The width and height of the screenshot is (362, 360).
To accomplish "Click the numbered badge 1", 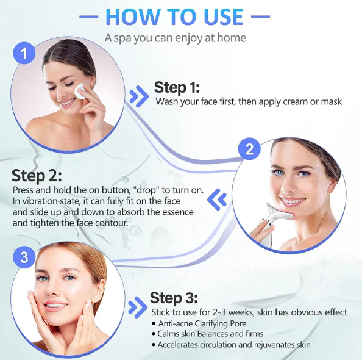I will point(24,54).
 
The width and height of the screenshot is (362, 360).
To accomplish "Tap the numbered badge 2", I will point(249,149).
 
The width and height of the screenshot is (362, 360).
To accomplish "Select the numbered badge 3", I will point(24,257).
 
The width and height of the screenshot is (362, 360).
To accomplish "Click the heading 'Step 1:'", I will point(177,87).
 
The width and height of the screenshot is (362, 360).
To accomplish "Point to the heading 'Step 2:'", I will point(37,176).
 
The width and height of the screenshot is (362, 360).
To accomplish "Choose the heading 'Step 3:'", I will point(174,298).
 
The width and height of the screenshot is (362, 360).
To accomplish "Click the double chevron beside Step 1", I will point(139,96).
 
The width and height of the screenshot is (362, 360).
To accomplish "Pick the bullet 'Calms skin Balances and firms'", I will point(210,334).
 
